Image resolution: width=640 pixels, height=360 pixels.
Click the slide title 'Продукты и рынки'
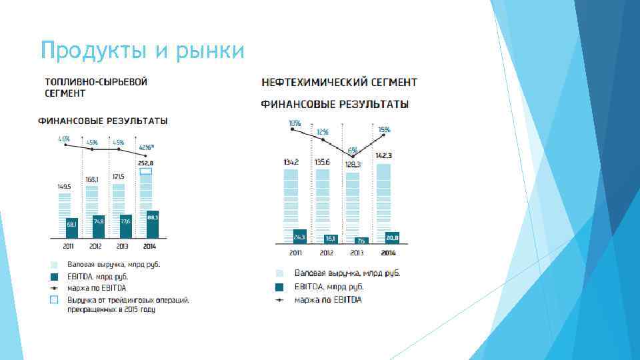(x=142, y=50)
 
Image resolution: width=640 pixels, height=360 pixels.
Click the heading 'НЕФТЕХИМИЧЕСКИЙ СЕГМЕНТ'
(x=339, y=82)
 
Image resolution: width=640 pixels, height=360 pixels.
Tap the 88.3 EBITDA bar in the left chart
(x=152, y=224)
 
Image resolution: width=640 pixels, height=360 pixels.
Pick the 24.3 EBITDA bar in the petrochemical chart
(x=300, y=237)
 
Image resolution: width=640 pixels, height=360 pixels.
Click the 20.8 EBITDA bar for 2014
(x=391, y=238)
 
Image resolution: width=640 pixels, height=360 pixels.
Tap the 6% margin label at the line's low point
(x=351, y=149)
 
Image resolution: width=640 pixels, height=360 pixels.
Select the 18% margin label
(x=294, y=123)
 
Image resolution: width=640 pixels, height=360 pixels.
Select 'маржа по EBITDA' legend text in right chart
(x=328, y=300)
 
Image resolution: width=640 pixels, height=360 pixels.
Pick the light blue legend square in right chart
(x=280, y=273)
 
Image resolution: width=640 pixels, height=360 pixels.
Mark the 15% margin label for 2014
(x=384, y=129)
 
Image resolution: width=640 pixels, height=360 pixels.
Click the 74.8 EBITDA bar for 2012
(x=99, y=227)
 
